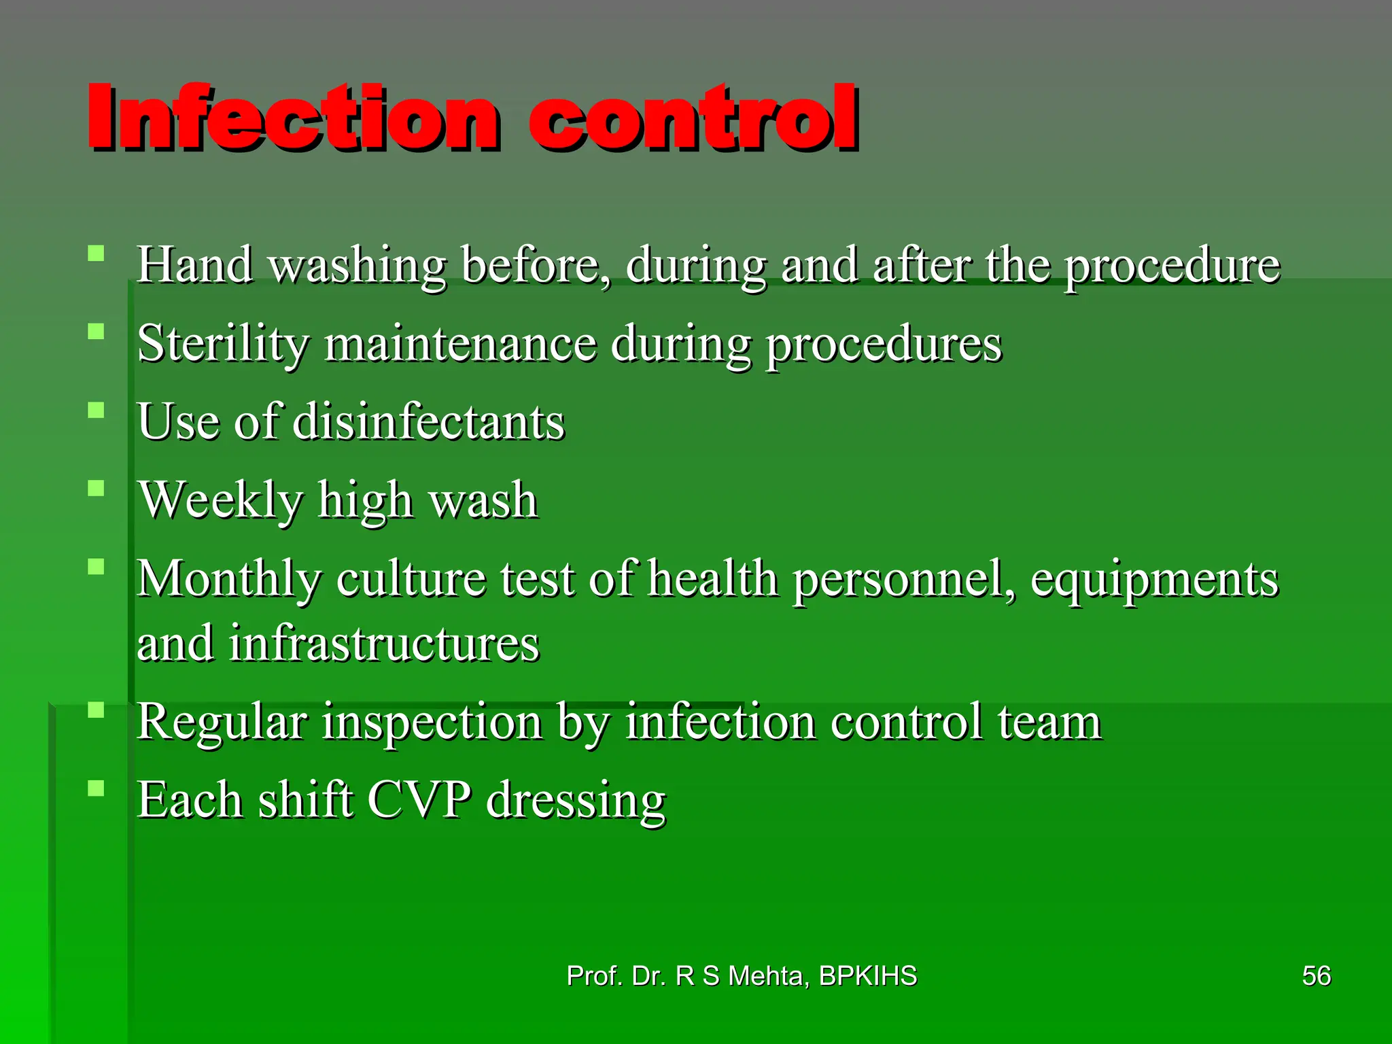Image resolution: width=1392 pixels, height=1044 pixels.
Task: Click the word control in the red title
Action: [693, 117]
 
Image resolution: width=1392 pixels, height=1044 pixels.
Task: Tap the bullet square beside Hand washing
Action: [97, 254]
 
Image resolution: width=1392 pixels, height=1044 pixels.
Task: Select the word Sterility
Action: [223, 344]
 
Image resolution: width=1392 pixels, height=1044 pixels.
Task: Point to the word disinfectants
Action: [429, 421]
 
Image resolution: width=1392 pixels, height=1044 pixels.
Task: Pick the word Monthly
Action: [228, 579]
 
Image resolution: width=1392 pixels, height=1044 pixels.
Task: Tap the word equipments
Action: [1154, 580]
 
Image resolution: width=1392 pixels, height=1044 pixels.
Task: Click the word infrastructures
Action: [384, 643]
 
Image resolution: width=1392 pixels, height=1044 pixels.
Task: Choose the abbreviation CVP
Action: [419, 799]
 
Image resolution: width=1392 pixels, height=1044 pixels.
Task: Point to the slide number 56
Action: [1316, 976]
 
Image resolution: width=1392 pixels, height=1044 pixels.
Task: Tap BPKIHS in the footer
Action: [868, 976]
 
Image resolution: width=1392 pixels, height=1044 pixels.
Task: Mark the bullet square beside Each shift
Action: [97, 788]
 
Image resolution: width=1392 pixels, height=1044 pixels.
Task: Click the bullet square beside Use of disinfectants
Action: [97, 411]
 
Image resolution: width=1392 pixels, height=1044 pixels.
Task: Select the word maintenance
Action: [460, 344]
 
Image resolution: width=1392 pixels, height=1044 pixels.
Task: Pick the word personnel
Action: [904, 580]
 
